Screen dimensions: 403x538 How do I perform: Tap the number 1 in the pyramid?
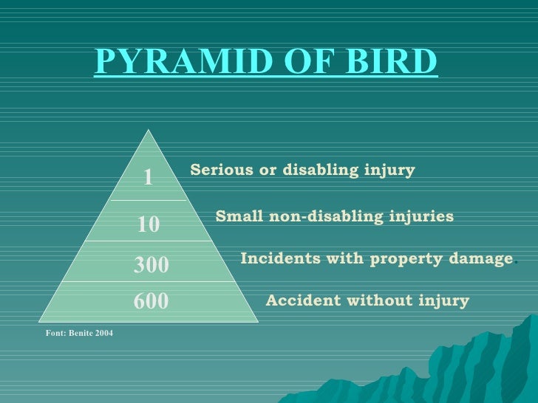148,177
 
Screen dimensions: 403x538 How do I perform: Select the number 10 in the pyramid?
149,224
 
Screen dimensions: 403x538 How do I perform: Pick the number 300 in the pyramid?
151,264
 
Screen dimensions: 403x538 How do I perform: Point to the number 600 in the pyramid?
151,301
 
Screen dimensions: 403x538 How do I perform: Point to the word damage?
477,259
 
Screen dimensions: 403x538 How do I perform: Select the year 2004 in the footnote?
103,334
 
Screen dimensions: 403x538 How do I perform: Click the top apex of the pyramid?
149,131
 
